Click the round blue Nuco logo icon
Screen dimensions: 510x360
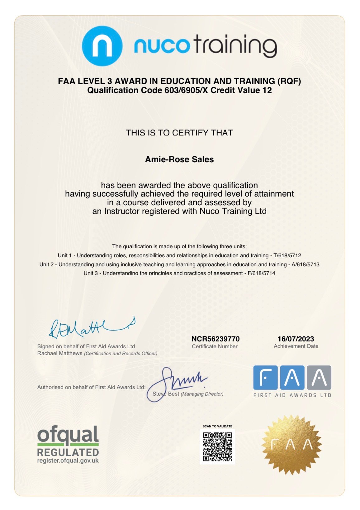click(x=102, y=46)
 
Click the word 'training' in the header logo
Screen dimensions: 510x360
click(x=236, y=46)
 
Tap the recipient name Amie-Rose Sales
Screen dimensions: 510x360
click(x=179, y=160)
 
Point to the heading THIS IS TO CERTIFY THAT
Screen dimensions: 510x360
click(x=179, y=133)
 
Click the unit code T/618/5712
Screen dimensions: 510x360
click(x=287, y=255)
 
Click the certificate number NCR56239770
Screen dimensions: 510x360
click(x=216, y=339)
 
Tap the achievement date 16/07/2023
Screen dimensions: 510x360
click(x=296, y=339)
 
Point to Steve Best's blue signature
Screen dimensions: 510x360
click(x=181, y=382)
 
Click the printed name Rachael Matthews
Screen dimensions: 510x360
click(x=60, y=353)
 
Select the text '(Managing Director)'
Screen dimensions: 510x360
click(x=202, y=394)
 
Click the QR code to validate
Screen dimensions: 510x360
click(x=217, y=446)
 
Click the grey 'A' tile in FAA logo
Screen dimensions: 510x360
click(x=319, y=378)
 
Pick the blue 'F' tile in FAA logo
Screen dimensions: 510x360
click(x=265, y=378)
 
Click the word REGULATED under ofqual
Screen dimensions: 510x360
click(x=68, y=452)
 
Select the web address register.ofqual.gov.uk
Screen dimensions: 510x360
click(x=68, y=460)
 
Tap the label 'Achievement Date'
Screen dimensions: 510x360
click(x=296, y=346)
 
